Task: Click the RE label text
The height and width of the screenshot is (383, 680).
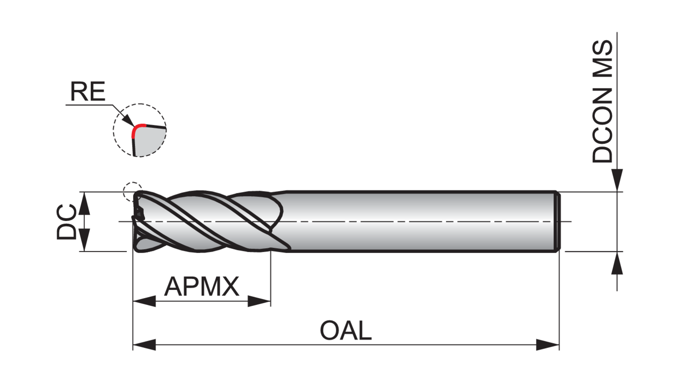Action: pyautogui.click(x=87, y=92)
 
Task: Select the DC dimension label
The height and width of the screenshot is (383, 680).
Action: pyautogui.click(x=66, y=221)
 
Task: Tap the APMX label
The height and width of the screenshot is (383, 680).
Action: pyautogui.click(x=201, y=286)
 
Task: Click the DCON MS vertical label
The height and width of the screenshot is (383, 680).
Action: pyautogui.click(x=602, y=102)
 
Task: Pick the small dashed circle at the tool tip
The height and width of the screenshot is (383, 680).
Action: pyautogui.click(x=132, y=191)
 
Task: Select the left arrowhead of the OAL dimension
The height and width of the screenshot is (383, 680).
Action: pyautogui.click(x=144, y=344)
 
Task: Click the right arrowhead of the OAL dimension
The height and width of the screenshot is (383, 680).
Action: pyautogui.click(x=548, y=344)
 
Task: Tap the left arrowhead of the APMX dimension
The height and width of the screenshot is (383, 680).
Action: pyautogui.click(x=144, y=301)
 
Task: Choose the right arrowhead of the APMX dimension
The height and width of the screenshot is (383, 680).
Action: pyautogui.click(x=259, y=301)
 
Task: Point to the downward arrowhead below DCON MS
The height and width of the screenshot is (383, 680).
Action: pyautogui.click(x=617, y=180)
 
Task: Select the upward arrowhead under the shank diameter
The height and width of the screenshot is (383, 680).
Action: pyautogui.click(x=617, y=263)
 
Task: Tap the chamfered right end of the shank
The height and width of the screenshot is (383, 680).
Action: pyautogui.click(x=558, y=221)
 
